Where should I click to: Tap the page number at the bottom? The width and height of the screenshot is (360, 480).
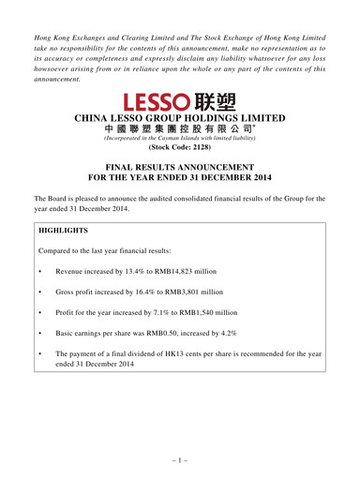tap(180, 461)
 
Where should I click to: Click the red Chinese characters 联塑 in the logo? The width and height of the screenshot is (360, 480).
tap(218, 100)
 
